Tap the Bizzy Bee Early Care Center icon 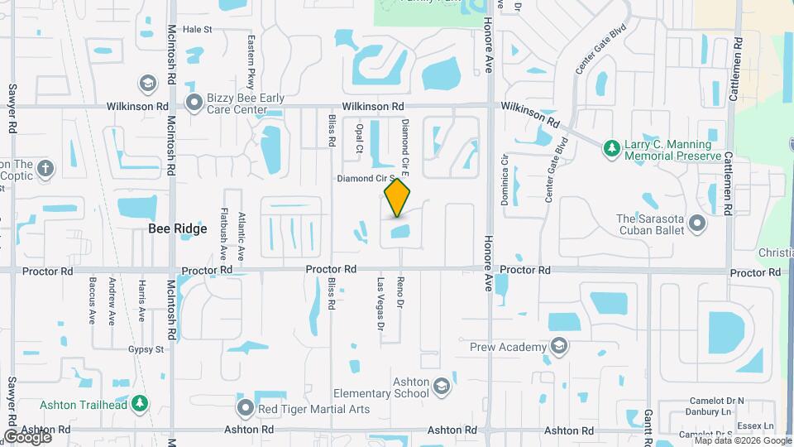(x=194, y=103)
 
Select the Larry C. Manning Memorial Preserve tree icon (x=611, y=147)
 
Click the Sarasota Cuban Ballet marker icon (x=697, y=223)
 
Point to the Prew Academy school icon (x=559, y=346)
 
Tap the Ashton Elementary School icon (x=442, y=387)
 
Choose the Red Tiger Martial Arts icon (x=245, y=407)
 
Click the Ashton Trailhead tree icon (x=141, y=403)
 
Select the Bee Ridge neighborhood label (x=177, y=229)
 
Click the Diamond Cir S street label (x=361, y=179)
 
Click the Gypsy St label (x=145, y=350)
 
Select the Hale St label (x=198, y=29)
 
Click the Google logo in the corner (x=26, y=435)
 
